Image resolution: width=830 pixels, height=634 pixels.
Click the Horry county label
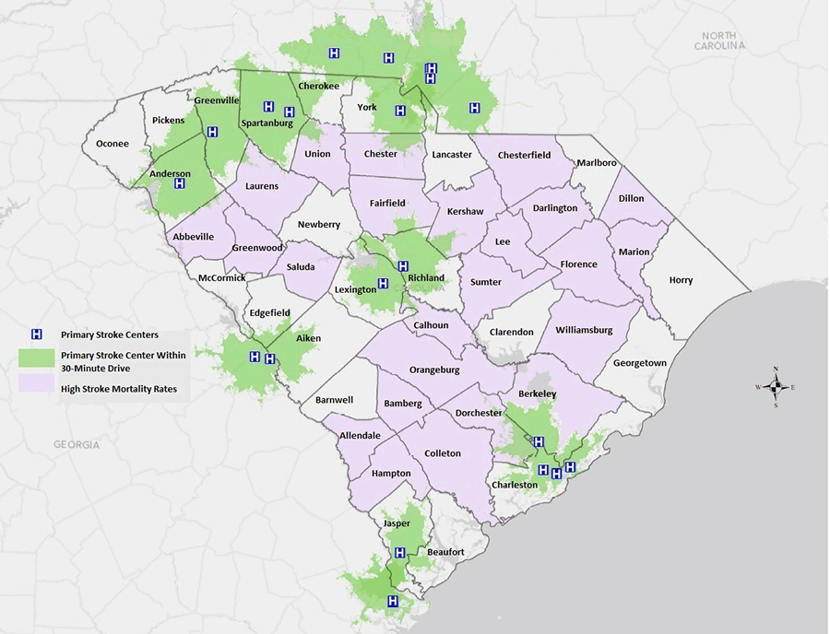click(x=681, y=280)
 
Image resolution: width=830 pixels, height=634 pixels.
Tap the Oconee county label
click(x=112, y=144)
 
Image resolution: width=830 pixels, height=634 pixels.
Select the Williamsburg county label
click(x=584, y=329)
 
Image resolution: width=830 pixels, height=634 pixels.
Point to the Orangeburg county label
click(x=435, y=370)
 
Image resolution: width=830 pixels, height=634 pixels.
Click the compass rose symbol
click(x=775, y=387)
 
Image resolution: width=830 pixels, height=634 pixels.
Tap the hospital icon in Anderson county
click(x=180, y=183)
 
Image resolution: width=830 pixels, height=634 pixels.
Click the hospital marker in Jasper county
click(x=400, y=553)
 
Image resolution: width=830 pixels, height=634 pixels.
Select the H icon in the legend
click(x=38, y=335)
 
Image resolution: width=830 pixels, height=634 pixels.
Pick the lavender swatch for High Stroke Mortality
click(x=38, y=389)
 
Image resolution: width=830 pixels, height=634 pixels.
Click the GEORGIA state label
click(x=76, y=444)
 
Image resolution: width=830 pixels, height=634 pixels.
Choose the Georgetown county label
click(x=641, y=363)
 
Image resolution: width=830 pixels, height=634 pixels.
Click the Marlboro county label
click(x=596, y=163)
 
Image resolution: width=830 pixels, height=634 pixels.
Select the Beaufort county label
click(x=445, y=552)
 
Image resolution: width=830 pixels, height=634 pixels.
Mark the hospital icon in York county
click(x=400, y=111)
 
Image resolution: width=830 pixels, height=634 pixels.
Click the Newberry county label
click(x=318, y=224)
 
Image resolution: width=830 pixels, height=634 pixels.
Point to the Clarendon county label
click(x=512, y=332)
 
